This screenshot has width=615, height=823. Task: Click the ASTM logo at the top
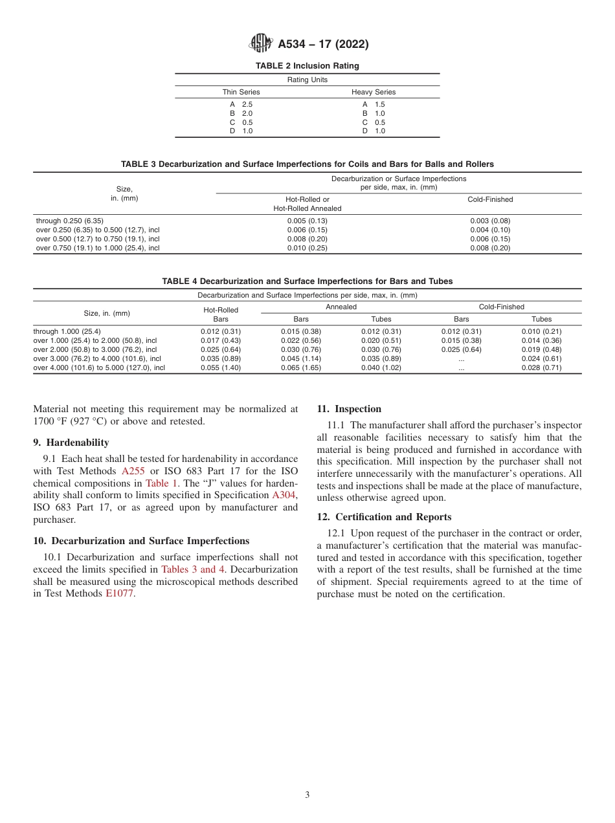point(261,44)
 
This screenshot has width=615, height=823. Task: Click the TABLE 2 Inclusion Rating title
point(307,66)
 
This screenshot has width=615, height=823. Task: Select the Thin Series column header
point(241,92)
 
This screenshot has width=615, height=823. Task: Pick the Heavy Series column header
point(374,92)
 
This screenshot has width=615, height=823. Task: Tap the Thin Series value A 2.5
point(241,104)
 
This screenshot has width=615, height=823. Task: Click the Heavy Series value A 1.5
point(374,104)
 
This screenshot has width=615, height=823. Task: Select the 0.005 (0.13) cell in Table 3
point(307,221)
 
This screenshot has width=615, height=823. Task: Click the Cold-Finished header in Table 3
point(490,199)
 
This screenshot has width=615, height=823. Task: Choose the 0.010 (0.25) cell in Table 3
point(307,248)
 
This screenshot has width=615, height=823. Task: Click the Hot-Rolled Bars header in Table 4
point(221,314)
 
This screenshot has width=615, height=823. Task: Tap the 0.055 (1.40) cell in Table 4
point(221,368)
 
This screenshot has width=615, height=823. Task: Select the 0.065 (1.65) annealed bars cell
point(301,368)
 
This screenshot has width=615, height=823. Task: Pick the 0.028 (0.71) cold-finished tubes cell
point(541,368)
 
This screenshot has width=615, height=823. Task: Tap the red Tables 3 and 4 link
point(192,569)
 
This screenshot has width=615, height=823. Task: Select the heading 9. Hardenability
point(71,443)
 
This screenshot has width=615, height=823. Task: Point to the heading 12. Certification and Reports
point(384,517)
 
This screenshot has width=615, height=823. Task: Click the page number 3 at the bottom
point(307,795)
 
